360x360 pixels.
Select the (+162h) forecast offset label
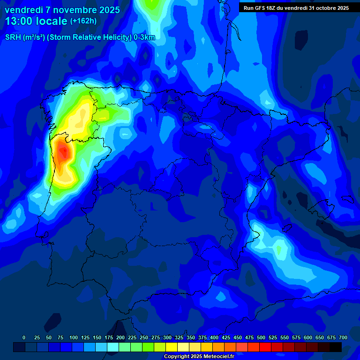click(84, 21)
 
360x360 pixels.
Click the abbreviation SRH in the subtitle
click(13, 37)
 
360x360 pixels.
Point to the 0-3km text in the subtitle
click(144, 37)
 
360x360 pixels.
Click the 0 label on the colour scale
click(24, 337)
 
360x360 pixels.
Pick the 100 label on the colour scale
click(73, 337)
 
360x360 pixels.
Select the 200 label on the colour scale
click(120, 337)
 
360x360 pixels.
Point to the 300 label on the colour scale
click(167, 337)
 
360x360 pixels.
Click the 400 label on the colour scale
click(214, 337)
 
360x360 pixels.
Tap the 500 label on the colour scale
click(261, 337)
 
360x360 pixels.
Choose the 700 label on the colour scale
click(343, 337)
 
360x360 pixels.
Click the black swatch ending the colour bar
click(336, 347)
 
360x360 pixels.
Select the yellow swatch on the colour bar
click(172, 347)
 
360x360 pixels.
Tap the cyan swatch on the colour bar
click(113, 347)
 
